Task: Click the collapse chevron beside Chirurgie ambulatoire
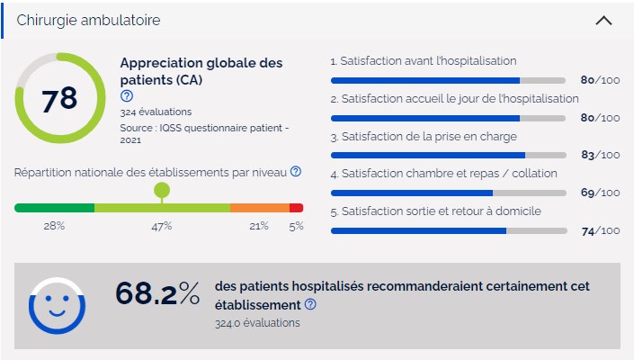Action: click(x=603, y=20)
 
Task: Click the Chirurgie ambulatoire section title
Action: click(x=89, y=20)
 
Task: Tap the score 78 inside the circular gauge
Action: click(x=59, y=99)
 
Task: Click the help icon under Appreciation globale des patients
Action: click(x=127, y=95)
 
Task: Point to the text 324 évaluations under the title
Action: click(x=156, y=112)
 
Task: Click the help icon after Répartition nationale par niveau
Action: click(x=296, y=171)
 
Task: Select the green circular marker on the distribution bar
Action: click(x=162, y=190)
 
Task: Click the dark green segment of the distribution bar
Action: click(x=54, y=208)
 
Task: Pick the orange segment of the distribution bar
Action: click(x=259, y=208)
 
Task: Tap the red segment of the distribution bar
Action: click(x=296, y=208)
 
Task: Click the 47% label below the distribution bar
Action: click(x=161, y=226)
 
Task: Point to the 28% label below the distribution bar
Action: click(x=54, y=226)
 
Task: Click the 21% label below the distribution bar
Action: click(x=259, y=226)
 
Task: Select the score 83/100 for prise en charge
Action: click(x=601, y=155)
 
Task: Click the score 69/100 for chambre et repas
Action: click(x=601, y=193)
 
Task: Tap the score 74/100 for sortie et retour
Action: click(x=601, y=230)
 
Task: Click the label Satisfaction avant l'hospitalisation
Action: click(x=424, y=61)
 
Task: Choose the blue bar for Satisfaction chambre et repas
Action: click(x=412, y=193)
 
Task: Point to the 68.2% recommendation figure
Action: click(x=157, y=294)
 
